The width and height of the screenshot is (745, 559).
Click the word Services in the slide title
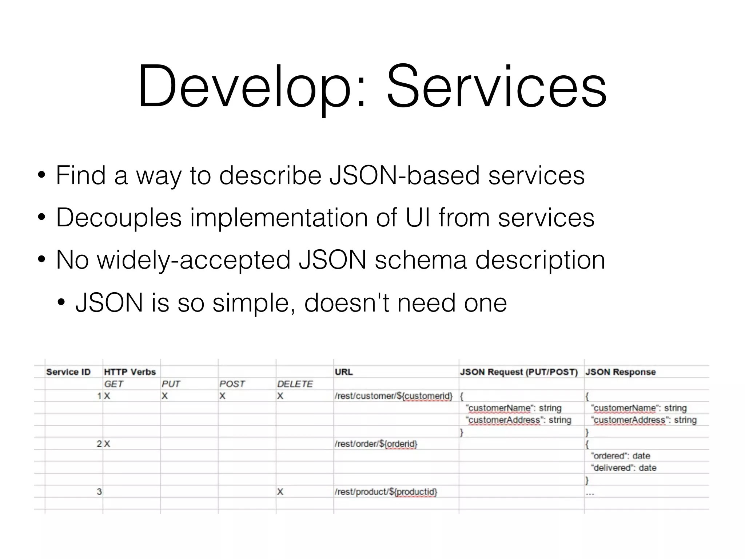[496, 87]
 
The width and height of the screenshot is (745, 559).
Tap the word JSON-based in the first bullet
[404, 175]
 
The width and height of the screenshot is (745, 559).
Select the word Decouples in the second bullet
[119, 218]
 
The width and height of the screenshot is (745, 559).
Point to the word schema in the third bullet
[421, 260]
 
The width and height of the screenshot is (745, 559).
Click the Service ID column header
[68, 372]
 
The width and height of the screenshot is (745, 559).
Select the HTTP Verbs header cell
[130, 372]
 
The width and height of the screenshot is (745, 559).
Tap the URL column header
[343, 372]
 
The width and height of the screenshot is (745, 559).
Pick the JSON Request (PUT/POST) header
[519, 372]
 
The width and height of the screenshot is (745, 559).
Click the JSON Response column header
[620, 372]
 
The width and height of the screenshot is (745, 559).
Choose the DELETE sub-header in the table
[295, 384]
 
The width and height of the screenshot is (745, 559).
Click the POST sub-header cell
[232, 384]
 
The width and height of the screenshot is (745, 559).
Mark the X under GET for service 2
[107, 444]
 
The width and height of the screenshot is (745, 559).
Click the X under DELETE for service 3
[280, 492]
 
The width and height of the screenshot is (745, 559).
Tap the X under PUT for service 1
[164, 396]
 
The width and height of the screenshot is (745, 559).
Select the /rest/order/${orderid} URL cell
[376, 444]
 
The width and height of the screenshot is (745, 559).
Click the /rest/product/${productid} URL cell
[386, 492]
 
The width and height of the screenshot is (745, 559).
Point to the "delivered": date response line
[624, 468]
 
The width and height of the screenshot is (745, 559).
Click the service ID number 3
[99, 492]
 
